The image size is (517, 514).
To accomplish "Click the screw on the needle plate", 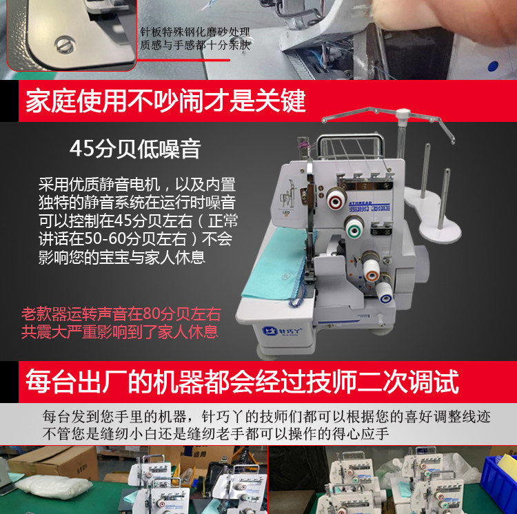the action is pyautogui.click(x=65, y=45).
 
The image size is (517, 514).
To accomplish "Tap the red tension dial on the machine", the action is pyautogui.click(x=336, y=199).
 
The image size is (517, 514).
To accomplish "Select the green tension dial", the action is pyautogui.click(x=354, y=227).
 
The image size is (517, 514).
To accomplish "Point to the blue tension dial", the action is pyautogui.click(x=385, y=294).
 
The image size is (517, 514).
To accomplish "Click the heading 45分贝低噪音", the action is pyautogui.click(x=135, y=149).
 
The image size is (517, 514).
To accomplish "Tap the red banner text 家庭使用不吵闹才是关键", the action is pyautogui.click(x=165, y=101).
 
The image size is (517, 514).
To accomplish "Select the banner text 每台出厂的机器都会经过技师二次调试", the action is pyautogui.click(x=243, y=382).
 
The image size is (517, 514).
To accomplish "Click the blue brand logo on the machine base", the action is pyautogui.click(x=282, y=331).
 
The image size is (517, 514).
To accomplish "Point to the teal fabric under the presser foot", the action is pyautogui.click(x=277, y=264).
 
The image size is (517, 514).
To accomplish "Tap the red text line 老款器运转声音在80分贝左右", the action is pyautogui.click(x=121, y=314).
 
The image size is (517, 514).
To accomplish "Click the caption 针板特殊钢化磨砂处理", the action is pyautogui.click(x=195, y=32).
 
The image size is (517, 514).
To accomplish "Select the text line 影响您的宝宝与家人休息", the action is pyautogui.click(x=122, y=258).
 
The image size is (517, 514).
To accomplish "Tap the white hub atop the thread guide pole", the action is pyautogui.click(x=403, y=114).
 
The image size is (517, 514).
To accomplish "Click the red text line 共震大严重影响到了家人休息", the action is pyautogui.click(x=120, y=332).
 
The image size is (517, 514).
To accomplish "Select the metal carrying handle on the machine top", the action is pyautogui.click(x=350, y=144).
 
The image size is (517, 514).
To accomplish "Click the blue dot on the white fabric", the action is pyautogui.click(x=493, y=66).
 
